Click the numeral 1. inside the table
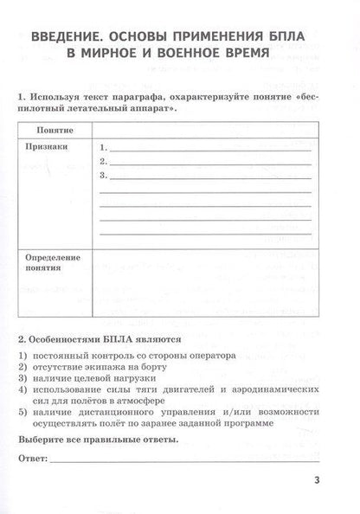point(104,147)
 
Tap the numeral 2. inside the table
point(104,161)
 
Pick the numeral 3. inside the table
point(104,176)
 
